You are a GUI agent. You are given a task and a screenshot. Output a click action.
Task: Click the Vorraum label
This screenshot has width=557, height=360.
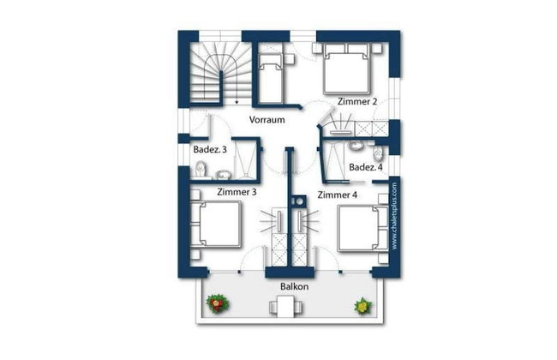[267, 120]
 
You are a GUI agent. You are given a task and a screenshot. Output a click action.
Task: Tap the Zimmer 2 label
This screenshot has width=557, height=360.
[357, 102]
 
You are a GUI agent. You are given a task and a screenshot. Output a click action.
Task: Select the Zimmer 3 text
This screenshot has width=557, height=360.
[237, 192]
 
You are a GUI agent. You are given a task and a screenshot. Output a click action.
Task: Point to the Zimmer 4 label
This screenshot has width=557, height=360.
[337, 195]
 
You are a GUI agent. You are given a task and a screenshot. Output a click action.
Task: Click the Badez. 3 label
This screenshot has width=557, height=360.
[210, 150]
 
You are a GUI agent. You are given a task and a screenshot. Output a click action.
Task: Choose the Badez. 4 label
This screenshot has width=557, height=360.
[366, 167]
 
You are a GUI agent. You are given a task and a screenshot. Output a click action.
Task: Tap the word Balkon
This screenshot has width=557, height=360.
[294, 286]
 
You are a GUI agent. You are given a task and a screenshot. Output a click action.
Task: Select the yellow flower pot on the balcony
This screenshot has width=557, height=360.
[363, 306]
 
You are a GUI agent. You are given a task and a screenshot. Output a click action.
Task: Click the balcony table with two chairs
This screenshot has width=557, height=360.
[285, 307]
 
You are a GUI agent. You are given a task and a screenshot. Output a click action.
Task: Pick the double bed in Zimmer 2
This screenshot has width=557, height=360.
[347, 69]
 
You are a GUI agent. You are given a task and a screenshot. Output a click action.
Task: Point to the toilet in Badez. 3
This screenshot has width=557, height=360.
[201, 169]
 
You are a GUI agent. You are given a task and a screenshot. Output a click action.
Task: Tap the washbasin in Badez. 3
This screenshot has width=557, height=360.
[223, 175]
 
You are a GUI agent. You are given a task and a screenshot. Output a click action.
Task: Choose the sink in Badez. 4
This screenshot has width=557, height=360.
[356, 145]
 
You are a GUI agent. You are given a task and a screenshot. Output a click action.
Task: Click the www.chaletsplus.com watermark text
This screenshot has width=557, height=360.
[394, 216]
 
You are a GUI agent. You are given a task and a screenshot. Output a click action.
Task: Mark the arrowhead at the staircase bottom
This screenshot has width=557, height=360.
[237, 103]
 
